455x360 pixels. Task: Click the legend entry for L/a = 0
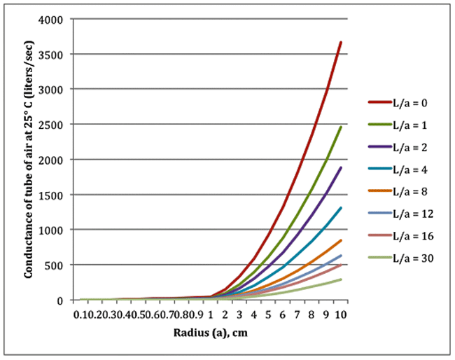click(x=398, y=103)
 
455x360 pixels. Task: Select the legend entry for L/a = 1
click(x=398, y=125)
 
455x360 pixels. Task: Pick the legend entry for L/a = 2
click(x=398, y=148)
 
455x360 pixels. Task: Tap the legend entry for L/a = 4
click(x=398, y=169)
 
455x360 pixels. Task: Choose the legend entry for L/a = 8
click(x=398, y=192)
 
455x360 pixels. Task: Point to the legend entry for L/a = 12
click(x=400, y=214)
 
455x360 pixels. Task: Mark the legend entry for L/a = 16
click(x=400, y=237)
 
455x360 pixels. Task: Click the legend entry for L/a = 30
click(x=400, y=259)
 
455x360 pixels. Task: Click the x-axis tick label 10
click(x=340, y=314)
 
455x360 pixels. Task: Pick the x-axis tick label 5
click(x=269, y=314)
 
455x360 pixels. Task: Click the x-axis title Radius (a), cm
click(x=210, y=332)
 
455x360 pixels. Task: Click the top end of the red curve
click(x=340, y=42)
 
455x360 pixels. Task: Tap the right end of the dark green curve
click(x=340, y=127)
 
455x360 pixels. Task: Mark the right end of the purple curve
click(x=340, y=167)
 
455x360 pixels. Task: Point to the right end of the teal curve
click(x=340, y=207)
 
